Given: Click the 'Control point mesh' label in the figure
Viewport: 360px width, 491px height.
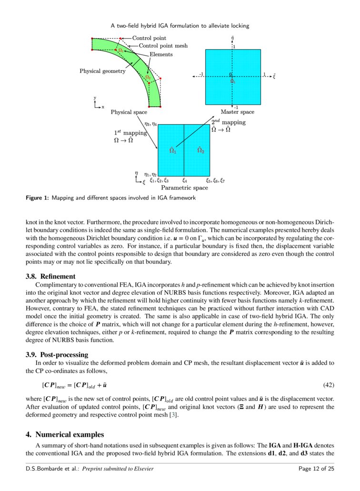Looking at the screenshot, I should (163, 46).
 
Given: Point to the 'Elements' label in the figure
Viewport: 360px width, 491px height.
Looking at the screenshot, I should (161, 54).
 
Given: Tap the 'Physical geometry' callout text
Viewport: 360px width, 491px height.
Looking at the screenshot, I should (102, 71).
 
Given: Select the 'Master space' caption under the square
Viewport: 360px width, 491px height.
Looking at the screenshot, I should (237, 112).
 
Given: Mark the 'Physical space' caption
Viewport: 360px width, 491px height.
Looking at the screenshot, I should (129, 112).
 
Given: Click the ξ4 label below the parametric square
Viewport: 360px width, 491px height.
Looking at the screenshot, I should (184, 180).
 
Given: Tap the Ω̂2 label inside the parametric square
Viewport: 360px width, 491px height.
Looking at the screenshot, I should (200, 150).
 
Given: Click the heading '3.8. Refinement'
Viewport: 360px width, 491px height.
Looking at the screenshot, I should (50, 276).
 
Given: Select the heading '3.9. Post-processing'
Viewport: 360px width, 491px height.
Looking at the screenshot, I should (57, 354).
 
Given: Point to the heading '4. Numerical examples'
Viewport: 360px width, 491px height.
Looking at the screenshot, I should (64, 434).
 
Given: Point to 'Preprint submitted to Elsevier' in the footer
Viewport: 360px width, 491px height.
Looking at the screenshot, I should (118, 469).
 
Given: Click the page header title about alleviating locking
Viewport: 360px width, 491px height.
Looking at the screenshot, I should (180, 25).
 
